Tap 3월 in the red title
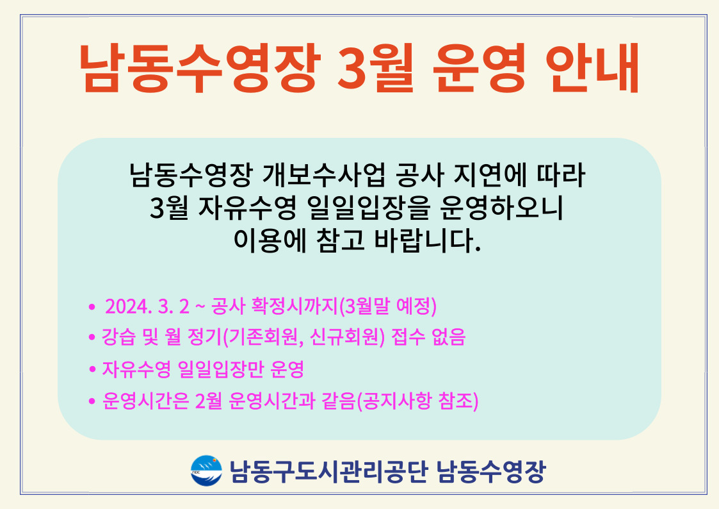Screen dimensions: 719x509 tap(376, 68)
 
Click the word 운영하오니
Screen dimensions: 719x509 tap(501, 208)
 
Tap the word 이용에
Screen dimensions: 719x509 tap(270, 240)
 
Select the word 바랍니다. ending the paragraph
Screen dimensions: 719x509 tap(427, 240)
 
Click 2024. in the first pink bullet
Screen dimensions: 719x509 tap(128, 306)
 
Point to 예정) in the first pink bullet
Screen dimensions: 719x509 tap(416, 306)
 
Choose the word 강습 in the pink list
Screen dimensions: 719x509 tap(118, 337)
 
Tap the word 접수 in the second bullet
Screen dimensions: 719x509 tap(408, 337)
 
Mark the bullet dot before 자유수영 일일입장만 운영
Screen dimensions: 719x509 tap(92, 369)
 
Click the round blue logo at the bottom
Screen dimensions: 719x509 tap(206, 471)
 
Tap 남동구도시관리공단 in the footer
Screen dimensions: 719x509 tap(328, 471)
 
